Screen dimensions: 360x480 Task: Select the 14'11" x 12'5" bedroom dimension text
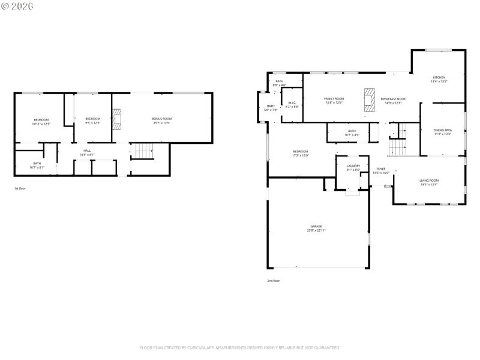tap(41, 124)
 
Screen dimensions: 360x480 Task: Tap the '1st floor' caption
tap(20, 188)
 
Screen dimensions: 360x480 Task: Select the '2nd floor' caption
tap(274, 281)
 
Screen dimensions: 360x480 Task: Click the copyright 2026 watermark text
tap(17, 6)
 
